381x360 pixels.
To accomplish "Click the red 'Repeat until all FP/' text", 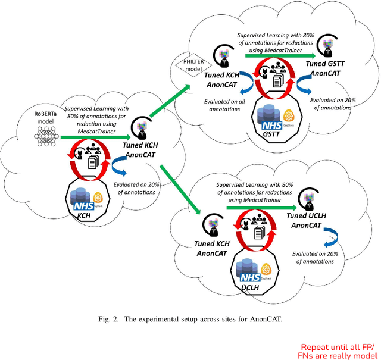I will point(338,347).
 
